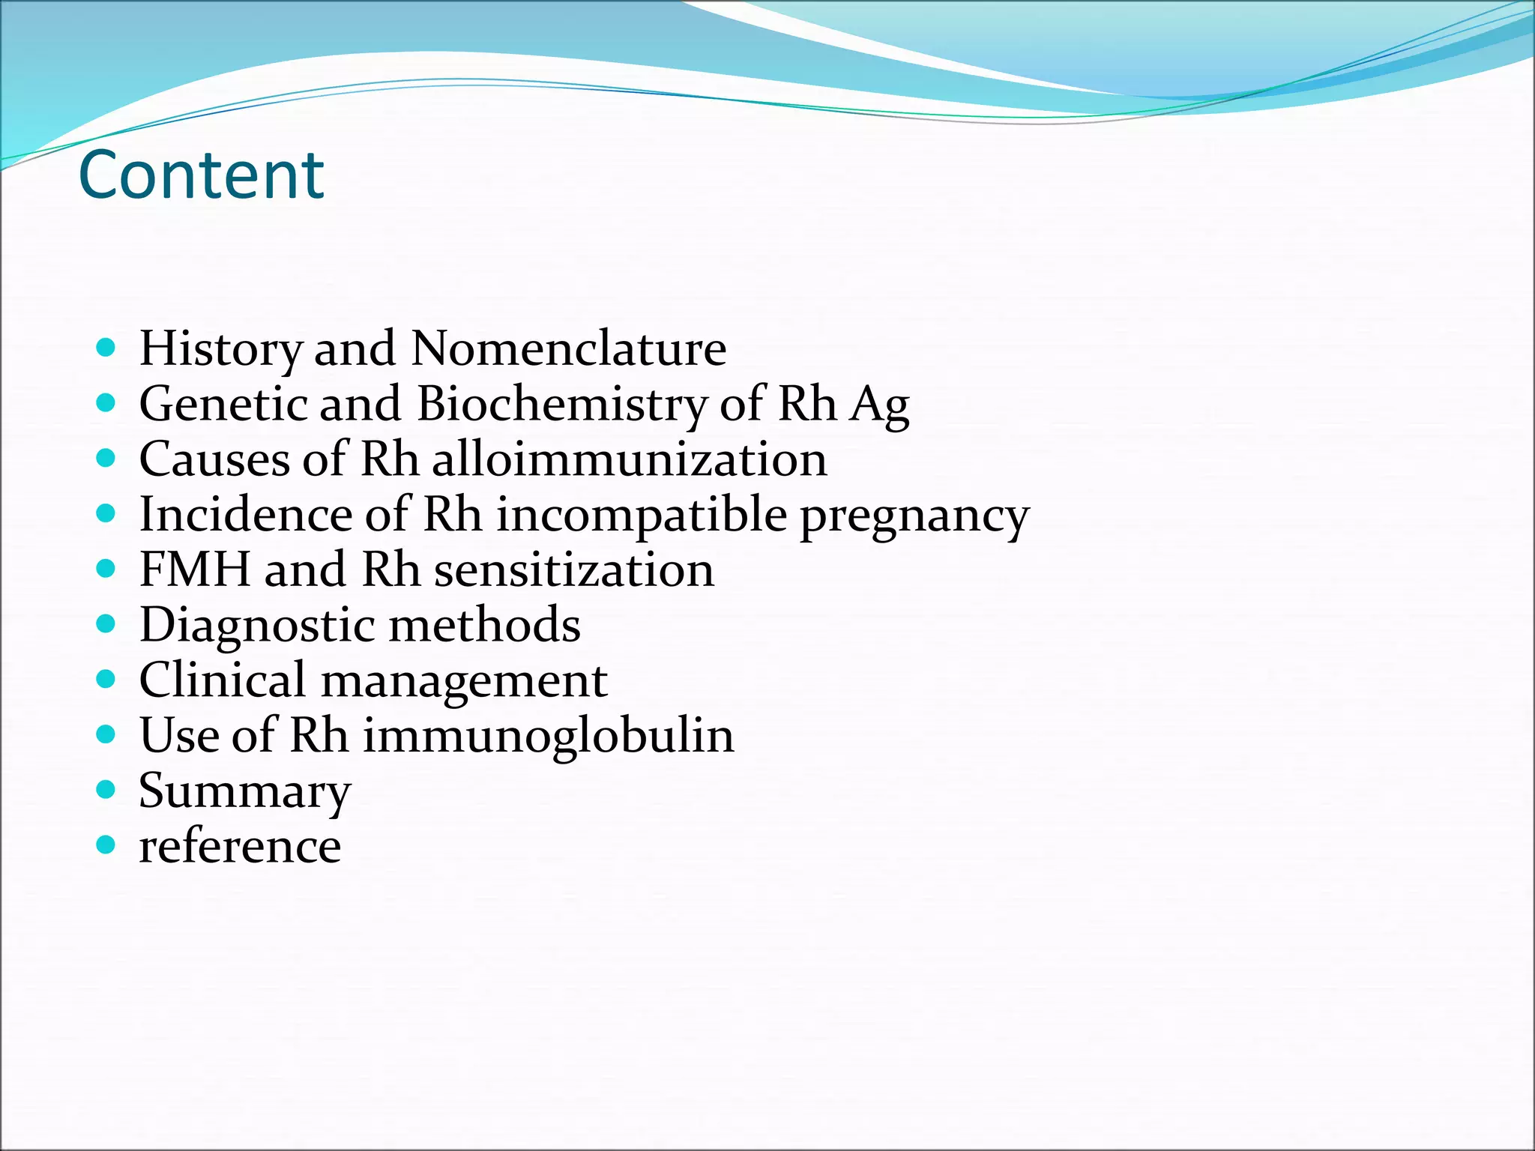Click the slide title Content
pos(201,175)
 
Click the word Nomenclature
pos(569,349)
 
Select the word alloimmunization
pos(630,459)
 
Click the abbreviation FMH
pos(194,570)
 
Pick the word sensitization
pos(574,570)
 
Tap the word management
pos(464,680)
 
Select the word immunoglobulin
pos(549,736)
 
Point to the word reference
pos(240,847)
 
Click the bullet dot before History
pos(106,348)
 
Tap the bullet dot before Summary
pos(106,790)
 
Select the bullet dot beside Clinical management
pos(106,680)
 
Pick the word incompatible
pos(642,516)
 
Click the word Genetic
pos(223,405)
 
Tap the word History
pos(220,350)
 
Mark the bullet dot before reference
pos(106,845)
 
